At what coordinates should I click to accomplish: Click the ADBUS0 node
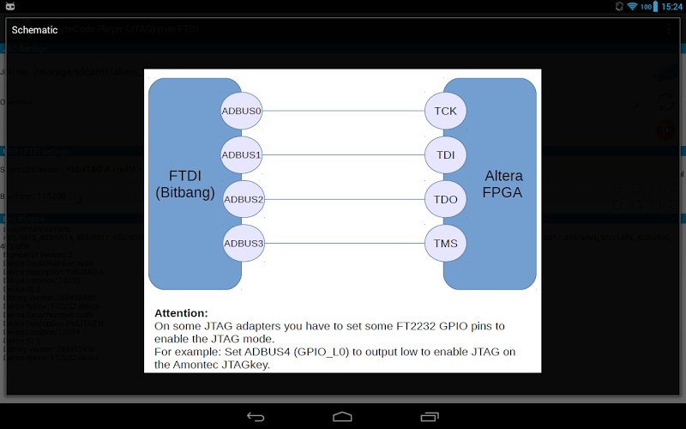pos(242,111)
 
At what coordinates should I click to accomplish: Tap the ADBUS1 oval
pos(242,155)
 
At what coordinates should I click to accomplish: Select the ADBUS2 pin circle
pos(244,199)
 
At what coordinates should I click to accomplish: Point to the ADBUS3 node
pos(243,244)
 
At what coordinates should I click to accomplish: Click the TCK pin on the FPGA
pos(445,111)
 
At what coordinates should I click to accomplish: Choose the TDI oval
pos(445,155)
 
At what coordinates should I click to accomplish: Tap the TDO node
pos(445,199)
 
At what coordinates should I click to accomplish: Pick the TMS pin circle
pos(445,244)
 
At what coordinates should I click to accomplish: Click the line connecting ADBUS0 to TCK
pos(343,111)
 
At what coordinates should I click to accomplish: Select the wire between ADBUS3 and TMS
pos(343,244)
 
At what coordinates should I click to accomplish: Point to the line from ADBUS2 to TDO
pos(343,199)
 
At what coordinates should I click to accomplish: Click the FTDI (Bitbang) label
pos(185,184)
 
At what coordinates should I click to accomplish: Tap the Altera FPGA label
pos(503,184)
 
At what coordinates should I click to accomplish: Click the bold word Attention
pos(181,313)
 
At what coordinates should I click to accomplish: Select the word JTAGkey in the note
pos(245,365)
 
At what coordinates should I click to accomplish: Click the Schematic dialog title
pos(34,30)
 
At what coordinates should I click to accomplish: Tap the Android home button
pos(342,416)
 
